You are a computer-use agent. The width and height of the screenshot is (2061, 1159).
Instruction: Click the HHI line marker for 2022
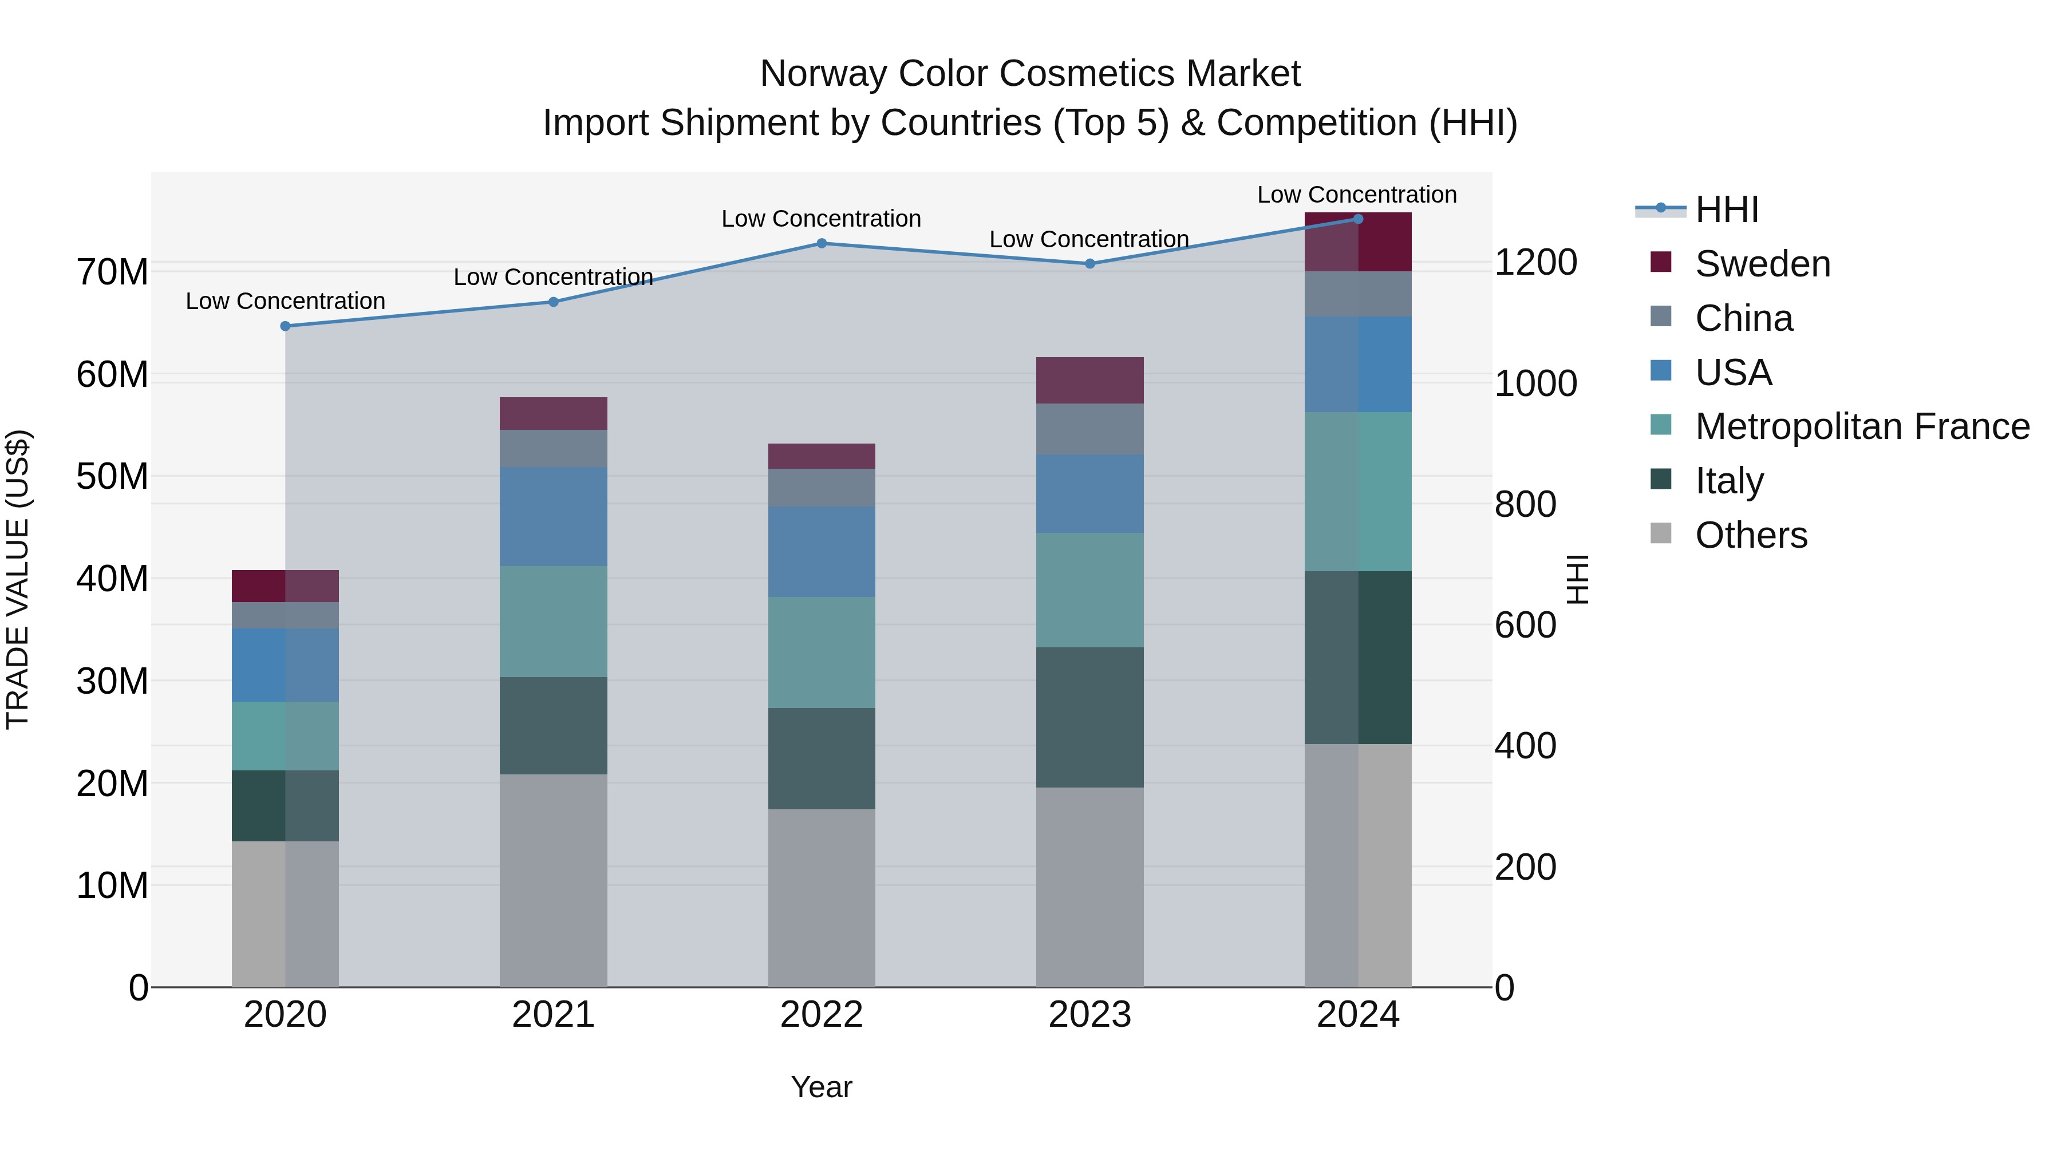click(x=821, y=243)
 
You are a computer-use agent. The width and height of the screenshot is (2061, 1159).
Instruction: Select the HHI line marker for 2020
click(x=285, y=326)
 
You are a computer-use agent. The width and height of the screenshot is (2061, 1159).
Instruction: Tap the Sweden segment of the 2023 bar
click(x=1089, y=380)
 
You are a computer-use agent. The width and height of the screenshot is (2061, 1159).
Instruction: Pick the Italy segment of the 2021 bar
click(x=553, y=726)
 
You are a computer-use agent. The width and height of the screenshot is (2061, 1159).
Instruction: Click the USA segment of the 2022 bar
click(x=821, y=551)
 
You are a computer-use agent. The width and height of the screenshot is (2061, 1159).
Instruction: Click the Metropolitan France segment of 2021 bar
click(x=553, y=622)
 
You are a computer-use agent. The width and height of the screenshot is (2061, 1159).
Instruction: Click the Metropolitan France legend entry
click(x=1861, y=426)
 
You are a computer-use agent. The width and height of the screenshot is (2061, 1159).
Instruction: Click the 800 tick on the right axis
click(x=1525, y=504)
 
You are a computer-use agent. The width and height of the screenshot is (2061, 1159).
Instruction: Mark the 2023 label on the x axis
click(x=1089, y=1015)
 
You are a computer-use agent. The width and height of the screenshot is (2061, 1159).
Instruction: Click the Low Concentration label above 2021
click(x=553, y=277)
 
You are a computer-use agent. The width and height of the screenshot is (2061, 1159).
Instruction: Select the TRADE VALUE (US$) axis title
click(x=18, y=579)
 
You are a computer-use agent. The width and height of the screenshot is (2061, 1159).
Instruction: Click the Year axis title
click(x=821, y=1087)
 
